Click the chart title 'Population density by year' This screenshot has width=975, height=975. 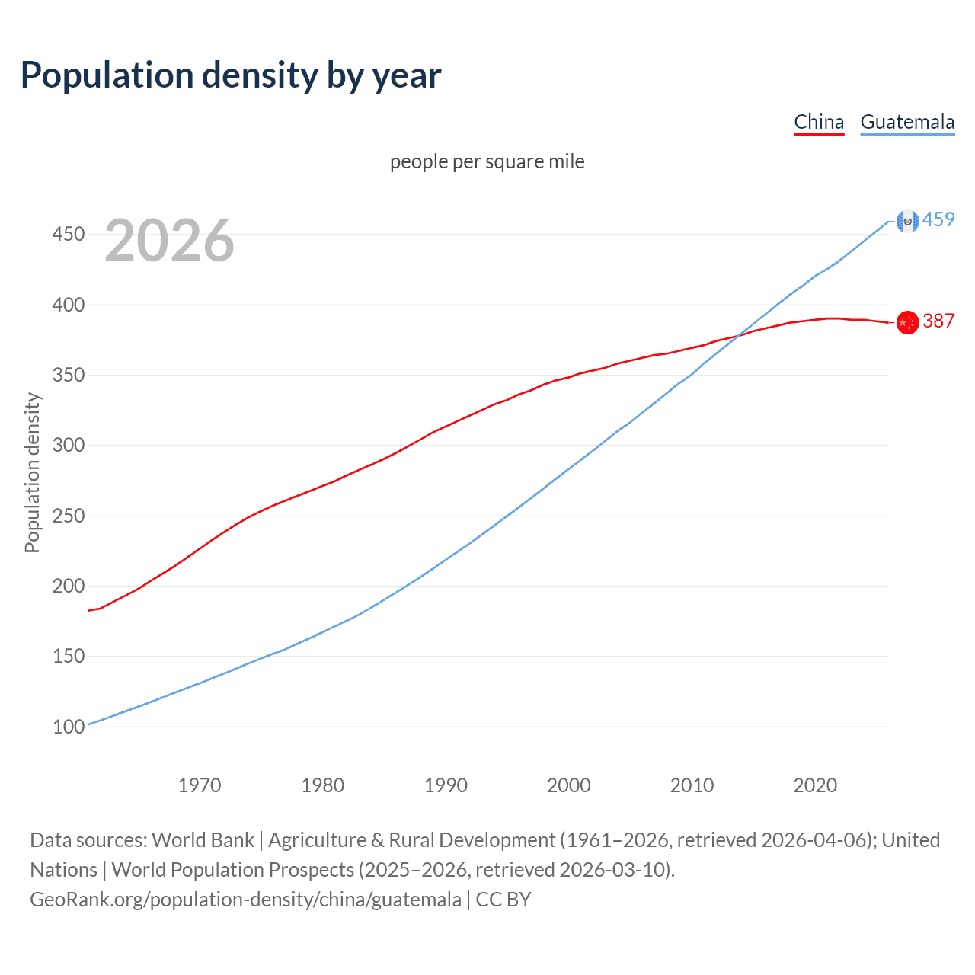231,75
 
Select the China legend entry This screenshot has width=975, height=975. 819,122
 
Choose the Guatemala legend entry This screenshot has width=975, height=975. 907,122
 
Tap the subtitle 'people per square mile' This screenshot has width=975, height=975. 487,161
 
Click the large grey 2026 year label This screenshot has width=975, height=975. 169,241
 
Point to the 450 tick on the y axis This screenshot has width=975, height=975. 69,234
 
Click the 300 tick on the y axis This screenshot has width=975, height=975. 69,445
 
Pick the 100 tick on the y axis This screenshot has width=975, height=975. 69,727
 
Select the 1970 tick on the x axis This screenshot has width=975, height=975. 200,785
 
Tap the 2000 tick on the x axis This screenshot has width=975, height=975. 569,785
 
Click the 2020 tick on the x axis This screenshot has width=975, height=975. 815,785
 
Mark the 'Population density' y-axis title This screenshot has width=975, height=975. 32,472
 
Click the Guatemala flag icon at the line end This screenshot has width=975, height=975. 907,221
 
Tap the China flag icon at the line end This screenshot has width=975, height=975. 907,323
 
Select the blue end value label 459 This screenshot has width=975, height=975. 938,219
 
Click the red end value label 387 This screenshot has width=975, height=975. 938,321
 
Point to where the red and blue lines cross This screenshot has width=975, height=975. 737,335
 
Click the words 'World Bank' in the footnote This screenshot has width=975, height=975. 203,840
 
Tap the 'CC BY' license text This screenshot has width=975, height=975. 503,900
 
